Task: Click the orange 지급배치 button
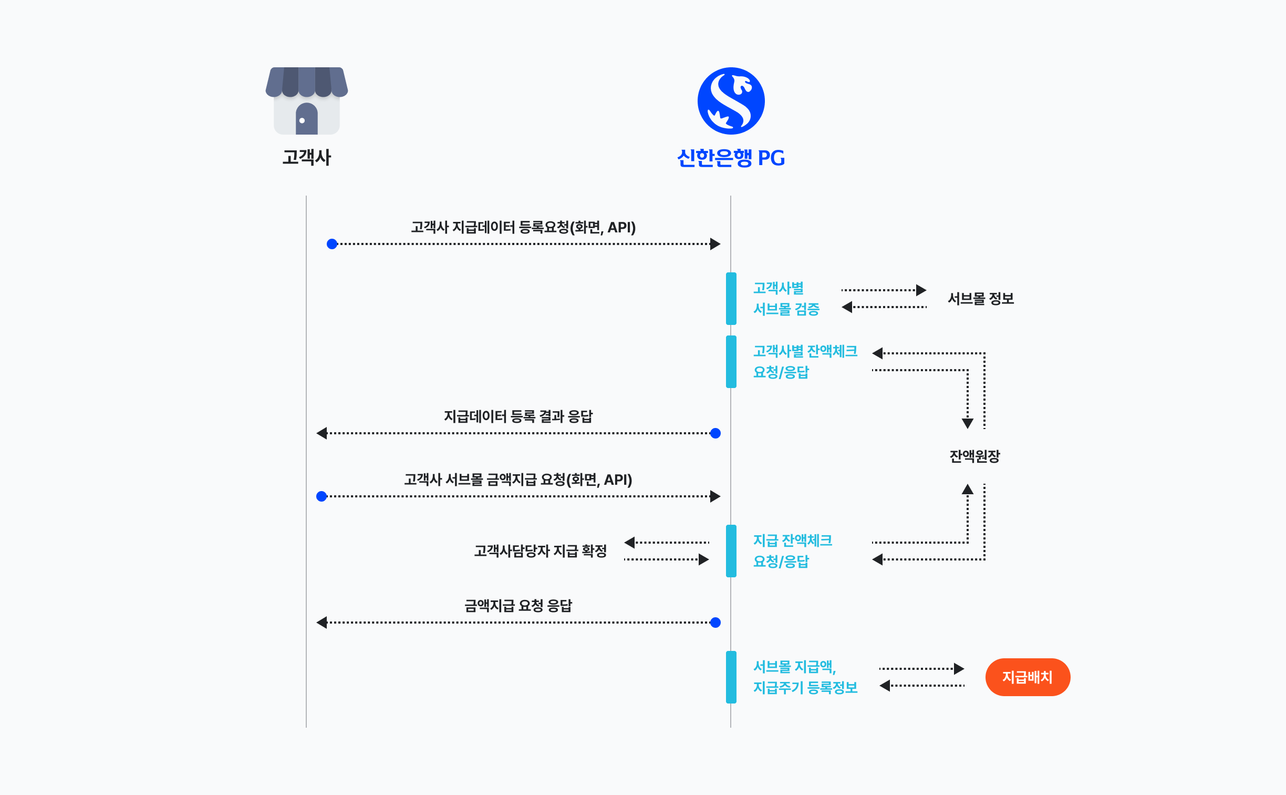point(1027,677)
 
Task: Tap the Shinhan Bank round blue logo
point(731,101)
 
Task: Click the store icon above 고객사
point(307,100)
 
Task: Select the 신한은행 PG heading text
point(731,158)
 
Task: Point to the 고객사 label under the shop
point(307,157)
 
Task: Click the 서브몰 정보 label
point(980,299)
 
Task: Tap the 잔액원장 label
point(974,456)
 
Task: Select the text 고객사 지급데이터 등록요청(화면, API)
point(523,227)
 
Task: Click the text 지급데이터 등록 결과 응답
point(518,416)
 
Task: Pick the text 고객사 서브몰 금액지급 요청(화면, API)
point(518,480)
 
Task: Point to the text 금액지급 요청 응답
point(518,606)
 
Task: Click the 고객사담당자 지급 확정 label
point(540,551)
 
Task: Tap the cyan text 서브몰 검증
point(786,309)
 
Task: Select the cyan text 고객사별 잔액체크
point(805,351)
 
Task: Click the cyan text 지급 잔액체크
point(792,540)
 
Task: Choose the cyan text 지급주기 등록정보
point(805,687)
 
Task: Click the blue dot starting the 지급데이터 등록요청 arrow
point(332,244)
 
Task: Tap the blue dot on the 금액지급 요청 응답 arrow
point(715,623)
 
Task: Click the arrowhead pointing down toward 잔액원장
point(967,423)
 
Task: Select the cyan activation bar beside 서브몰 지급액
point(731,677)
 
